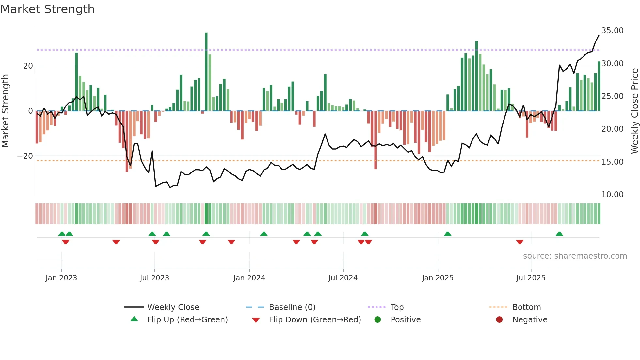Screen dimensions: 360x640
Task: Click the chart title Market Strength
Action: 47,9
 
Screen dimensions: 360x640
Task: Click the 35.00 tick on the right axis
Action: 612,31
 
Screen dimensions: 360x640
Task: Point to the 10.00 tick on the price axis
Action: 612,195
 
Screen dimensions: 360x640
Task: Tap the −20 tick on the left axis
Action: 25,156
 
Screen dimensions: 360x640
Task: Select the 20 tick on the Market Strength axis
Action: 28,66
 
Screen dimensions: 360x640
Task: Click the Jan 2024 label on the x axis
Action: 249,278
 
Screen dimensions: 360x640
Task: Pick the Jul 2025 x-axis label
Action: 531,278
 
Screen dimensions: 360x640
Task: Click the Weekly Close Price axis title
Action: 634,111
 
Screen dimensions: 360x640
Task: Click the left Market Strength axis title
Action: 5,111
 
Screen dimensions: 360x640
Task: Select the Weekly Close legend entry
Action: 173,307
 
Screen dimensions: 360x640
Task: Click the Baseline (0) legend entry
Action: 292,307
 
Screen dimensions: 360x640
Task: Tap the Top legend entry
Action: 397,307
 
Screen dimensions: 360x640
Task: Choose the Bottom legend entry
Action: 526,307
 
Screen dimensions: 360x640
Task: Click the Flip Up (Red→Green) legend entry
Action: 187,320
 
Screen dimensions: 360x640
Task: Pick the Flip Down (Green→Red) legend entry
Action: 315,320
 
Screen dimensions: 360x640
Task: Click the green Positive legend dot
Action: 378,320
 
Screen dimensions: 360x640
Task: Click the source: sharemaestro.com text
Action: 575,256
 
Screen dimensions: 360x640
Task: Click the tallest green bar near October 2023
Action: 206,72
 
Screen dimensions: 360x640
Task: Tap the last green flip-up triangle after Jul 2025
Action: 559,234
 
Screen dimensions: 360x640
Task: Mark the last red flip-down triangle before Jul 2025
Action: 520,242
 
